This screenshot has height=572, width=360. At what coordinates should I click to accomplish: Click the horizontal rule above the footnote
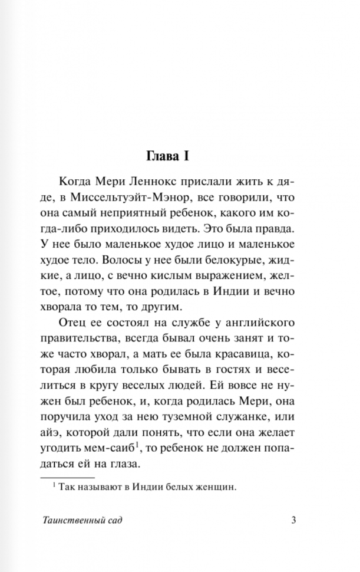67,476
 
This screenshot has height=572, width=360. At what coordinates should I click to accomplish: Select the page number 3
293,520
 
